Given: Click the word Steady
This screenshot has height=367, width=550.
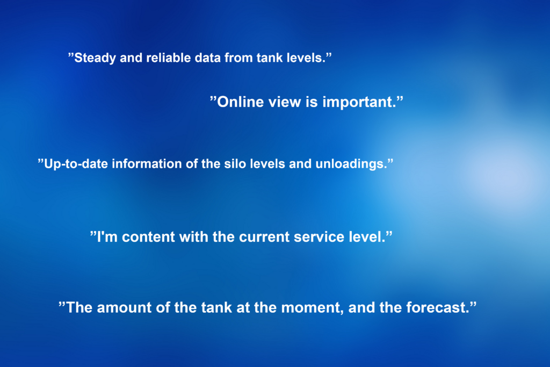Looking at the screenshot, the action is click(95, 58).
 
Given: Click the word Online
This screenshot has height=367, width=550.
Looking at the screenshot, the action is click(241, 102).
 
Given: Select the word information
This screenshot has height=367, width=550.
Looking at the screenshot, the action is click(147, 163).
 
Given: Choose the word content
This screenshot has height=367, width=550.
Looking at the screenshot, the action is click(148, 237).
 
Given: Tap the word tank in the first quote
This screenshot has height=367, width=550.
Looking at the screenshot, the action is click(270, 57).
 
